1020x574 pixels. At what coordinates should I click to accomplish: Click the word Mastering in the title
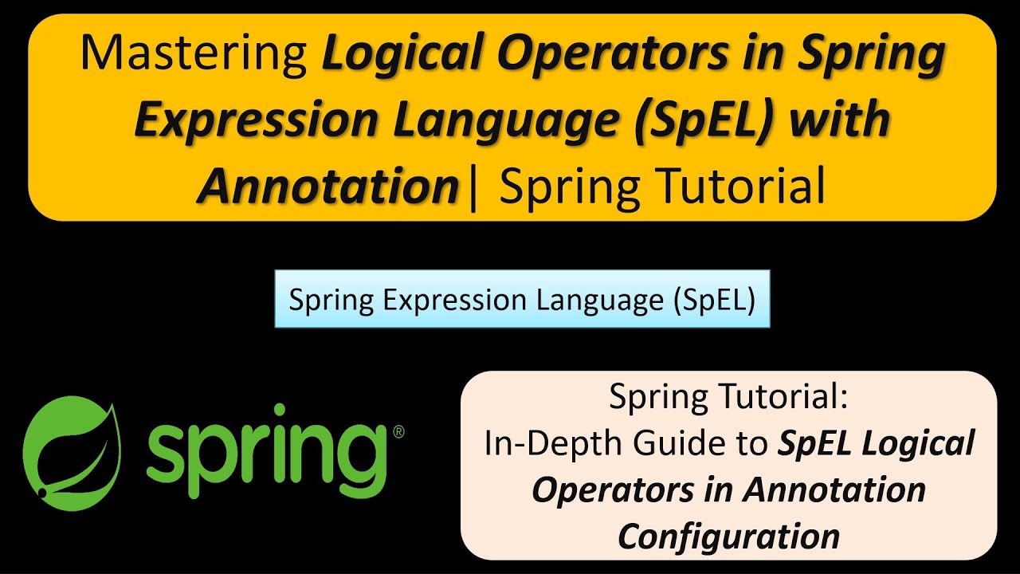[x=195, y=54]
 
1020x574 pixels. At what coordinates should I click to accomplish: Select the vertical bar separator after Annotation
[x=474, y=187]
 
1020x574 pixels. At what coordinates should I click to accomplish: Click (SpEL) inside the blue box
[x=714, y=301]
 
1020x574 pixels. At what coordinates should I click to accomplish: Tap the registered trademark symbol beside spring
[x=398, y=431]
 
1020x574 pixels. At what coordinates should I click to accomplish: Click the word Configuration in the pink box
[x=728, y=536]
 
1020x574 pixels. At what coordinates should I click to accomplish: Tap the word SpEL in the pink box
[x=818, y=443]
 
